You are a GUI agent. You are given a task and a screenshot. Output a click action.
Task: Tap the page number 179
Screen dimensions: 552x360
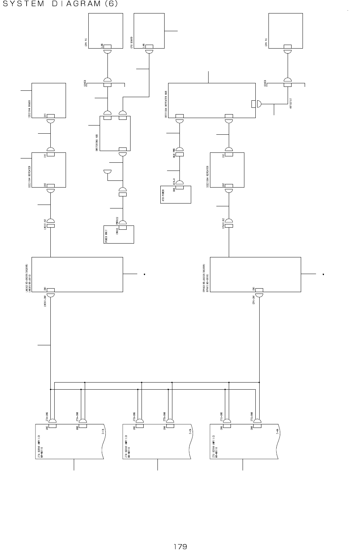(180, 546)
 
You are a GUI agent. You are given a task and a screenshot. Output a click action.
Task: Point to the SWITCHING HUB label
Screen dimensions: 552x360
(97, 142)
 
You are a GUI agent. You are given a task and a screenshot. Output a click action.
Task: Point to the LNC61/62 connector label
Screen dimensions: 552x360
(45, 224)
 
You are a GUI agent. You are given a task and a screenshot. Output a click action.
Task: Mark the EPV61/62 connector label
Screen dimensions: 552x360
(223, 224)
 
